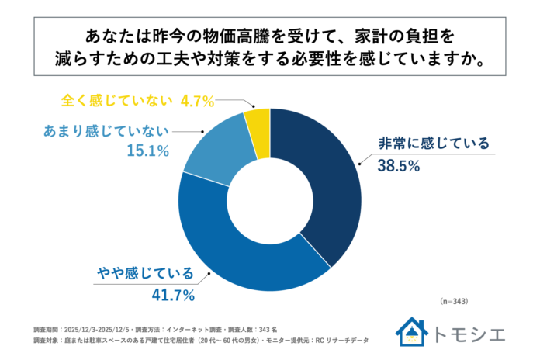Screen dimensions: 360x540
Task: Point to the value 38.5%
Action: tap(399, 165)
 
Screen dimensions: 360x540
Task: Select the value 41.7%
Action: tap(172, 295)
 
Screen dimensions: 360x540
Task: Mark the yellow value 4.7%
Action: tap(197, 100)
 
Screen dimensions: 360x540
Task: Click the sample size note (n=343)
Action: tap(453, 300)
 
